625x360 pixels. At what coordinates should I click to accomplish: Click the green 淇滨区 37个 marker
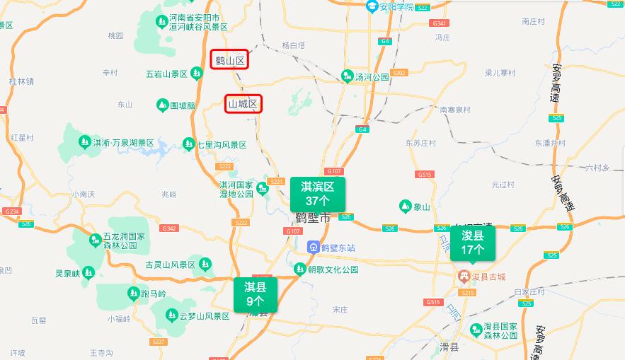coord(318,193)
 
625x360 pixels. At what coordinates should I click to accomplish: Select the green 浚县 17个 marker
coord(473,243)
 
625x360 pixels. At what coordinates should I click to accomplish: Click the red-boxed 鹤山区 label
coord(230,61)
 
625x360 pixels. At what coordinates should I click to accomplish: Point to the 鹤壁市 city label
coord(313,218)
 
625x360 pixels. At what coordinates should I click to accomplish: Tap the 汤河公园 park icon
coord(348,76)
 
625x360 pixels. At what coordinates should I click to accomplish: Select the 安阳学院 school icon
coord(372,6)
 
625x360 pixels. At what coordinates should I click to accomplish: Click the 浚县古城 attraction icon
coord(463,274)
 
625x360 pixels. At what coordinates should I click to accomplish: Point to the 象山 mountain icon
coord(405,207)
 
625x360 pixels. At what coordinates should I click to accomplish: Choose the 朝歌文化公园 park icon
coord(300,269)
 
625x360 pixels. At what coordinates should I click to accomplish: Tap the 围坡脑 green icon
coord(162,105)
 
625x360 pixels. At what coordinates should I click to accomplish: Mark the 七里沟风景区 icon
coord(188,144)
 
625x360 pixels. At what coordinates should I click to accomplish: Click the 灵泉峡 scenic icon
coord(88,272)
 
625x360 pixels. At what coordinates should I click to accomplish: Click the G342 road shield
coord(169,228)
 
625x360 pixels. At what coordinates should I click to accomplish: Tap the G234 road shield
coord(11,211)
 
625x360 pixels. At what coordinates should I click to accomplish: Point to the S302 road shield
coord(399,73)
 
